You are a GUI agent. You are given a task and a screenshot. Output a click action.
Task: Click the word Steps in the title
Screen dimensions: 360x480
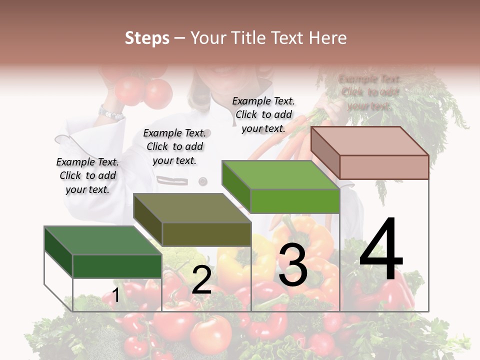click(x=147, y=38)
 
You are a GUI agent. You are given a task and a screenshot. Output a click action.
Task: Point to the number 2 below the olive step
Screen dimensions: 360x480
click(x=201, y=280)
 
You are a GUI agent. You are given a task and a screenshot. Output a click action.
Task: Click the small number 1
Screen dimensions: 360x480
click(x=115, y=295)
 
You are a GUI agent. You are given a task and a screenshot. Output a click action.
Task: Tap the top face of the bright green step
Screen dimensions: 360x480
click(x=280, y=175)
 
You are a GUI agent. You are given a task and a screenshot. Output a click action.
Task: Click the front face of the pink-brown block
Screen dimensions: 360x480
click(x=384, y=167)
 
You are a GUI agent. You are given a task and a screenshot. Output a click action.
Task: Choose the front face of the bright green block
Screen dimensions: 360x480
click(x=295, y=201)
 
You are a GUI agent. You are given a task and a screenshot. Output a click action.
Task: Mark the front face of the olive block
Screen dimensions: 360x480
click(x=206, y=234)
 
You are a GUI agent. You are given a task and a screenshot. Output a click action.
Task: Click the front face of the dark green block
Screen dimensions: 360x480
click(x=117, y=266)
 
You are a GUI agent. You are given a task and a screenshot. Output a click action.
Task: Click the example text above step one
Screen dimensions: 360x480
click(x=87, y=175)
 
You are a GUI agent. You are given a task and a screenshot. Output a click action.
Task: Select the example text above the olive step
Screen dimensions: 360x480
click(x=174, y=146)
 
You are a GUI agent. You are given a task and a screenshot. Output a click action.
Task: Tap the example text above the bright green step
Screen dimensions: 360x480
click(x=263, y=114)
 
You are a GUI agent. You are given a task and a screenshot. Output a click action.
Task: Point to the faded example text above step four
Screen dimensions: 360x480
click(x=369, y=92)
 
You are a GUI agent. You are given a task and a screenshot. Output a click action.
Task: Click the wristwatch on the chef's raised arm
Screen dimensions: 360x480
click(x=110, y=113)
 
